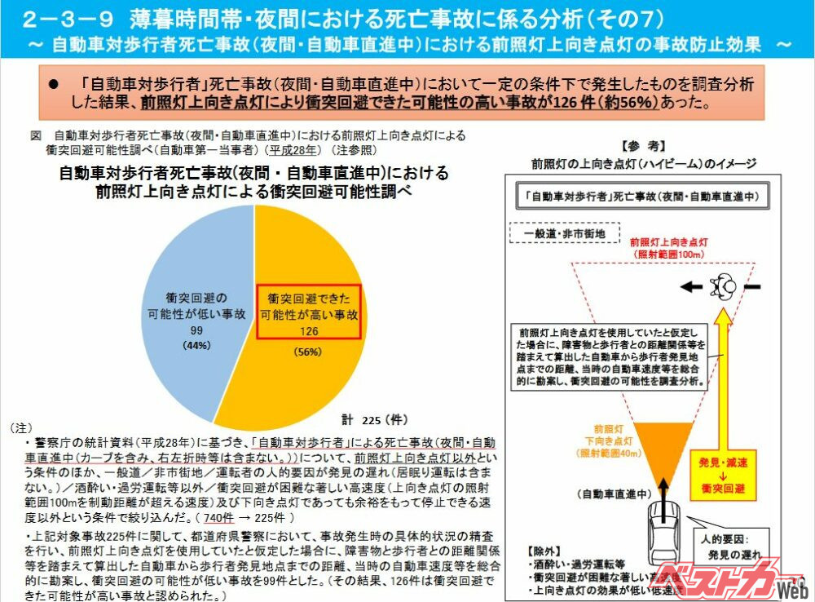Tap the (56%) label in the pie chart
point(309,352)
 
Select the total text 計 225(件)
point(374,419)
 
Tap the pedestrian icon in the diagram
point(722,287)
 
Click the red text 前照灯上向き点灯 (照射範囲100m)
point(669,248)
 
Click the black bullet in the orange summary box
point(56,84)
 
